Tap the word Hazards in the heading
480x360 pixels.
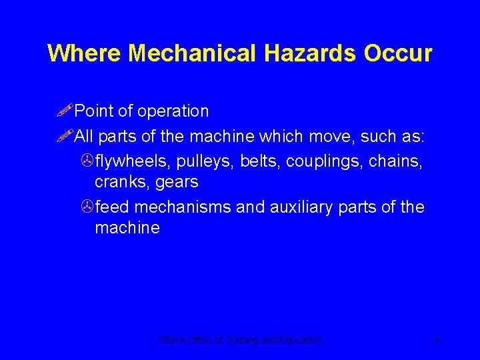click(x=311, y=53)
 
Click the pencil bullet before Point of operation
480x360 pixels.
click(x=65, y=111)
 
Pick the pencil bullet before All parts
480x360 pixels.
click(x=65, y=137)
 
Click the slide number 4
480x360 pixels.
click(x=437, y=340)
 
